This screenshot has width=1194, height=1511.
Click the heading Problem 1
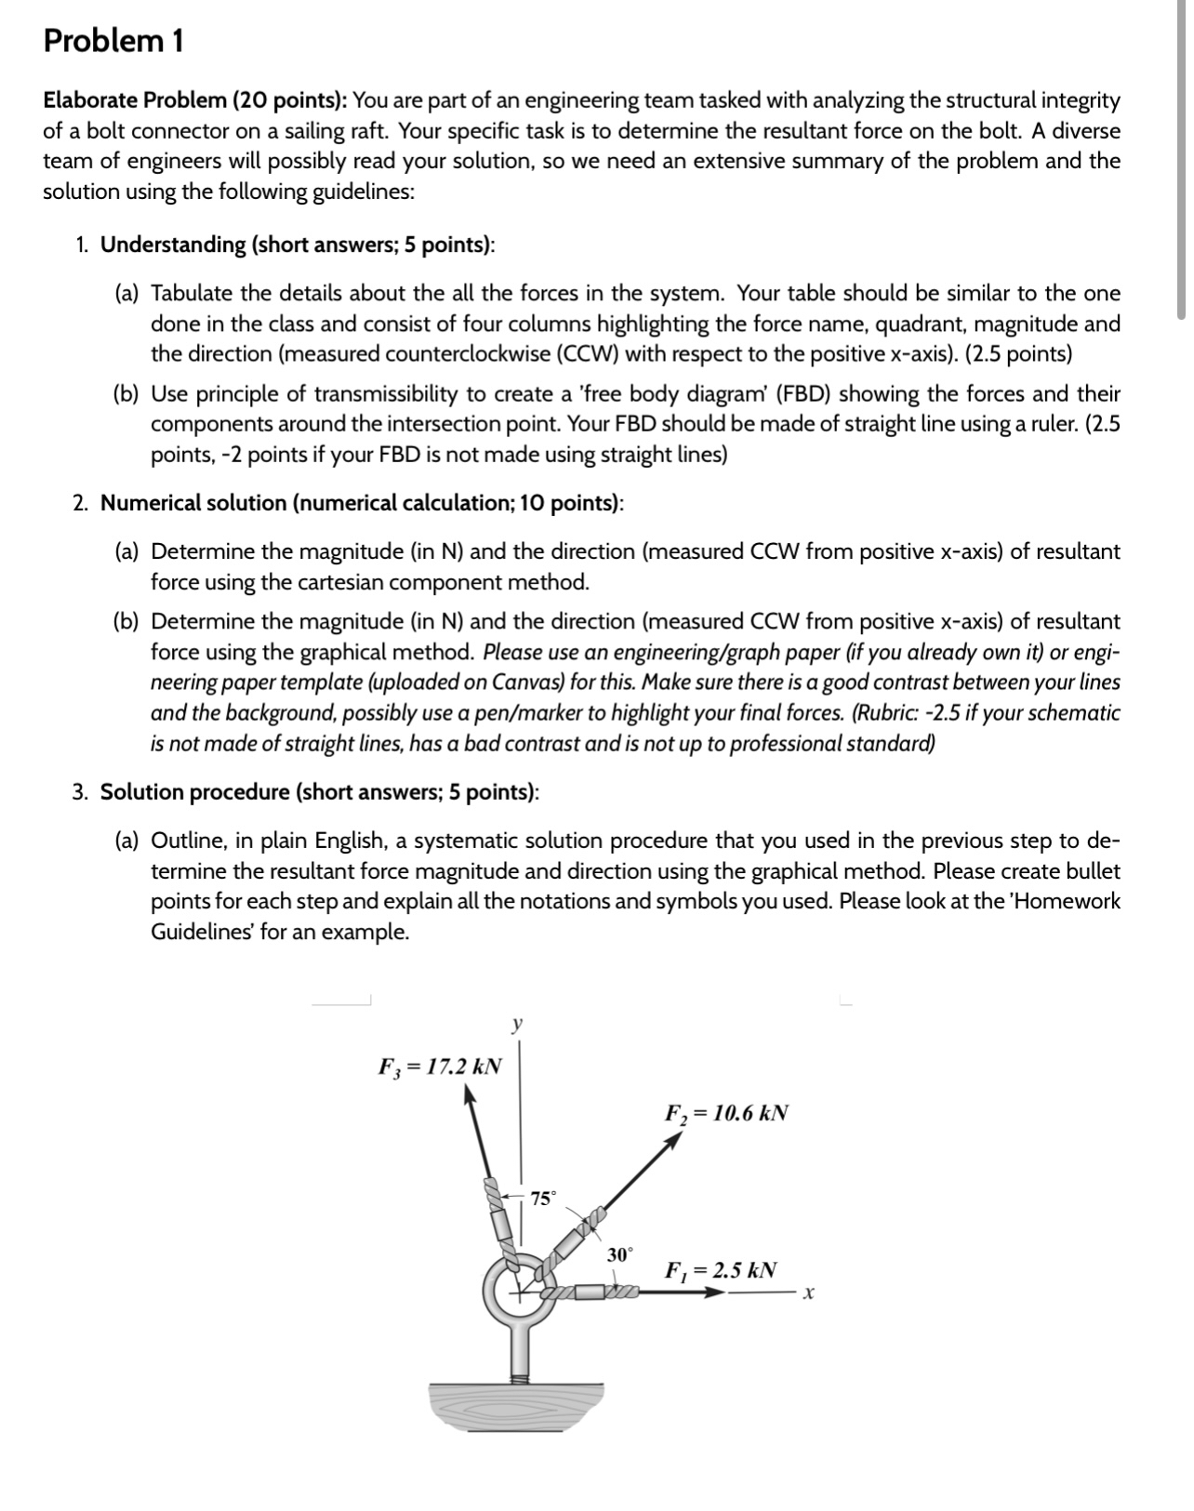point(113,41)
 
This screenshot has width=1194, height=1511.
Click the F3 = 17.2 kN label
point(439,1066)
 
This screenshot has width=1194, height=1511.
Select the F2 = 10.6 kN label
point(726,1112)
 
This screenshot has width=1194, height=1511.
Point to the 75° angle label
point(543,1198)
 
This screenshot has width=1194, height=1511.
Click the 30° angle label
point(619,1254)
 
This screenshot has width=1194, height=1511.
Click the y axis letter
point(517,1025)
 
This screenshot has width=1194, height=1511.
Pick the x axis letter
point(809,1293)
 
